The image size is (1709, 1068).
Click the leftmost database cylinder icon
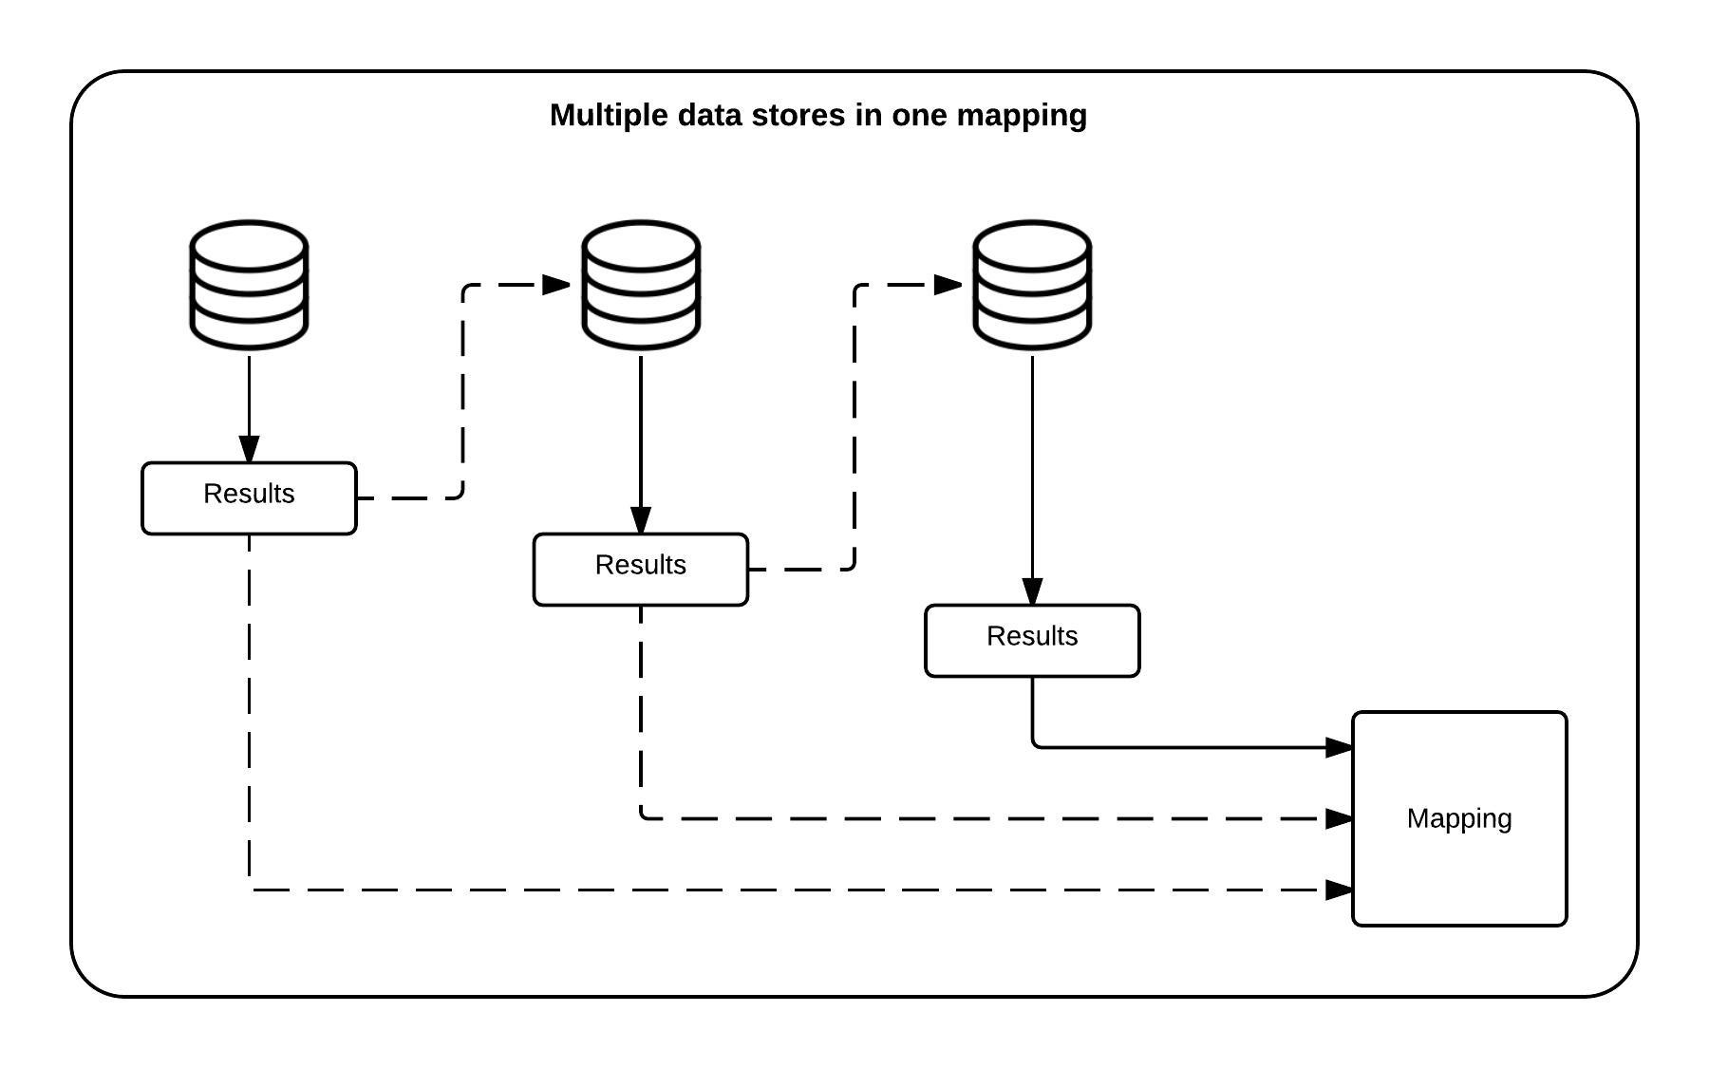249,285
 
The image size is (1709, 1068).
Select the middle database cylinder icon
641,285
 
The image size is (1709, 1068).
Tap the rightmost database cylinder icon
1032,285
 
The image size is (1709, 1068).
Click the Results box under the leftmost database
249,498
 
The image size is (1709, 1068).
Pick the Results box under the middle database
641,570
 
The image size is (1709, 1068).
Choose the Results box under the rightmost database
1032,641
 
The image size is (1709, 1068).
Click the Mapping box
1459,818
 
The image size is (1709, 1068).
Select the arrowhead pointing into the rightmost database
948,284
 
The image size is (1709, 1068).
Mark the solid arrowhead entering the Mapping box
1339,748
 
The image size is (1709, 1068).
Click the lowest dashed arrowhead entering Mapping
1339,890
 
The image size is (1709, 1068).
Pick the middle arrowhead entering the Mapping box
1339,818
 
